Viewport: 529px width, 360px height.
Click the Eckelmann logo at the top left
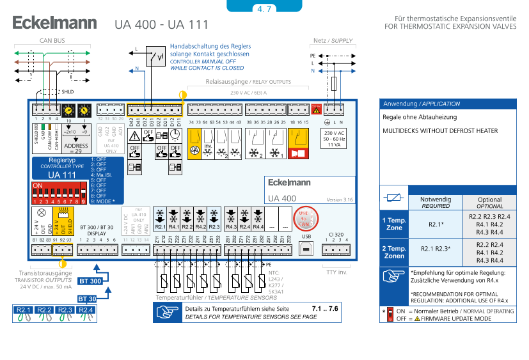(x=55, y=24)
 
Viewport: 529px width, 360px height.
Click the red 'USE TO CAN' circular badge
(x=303, y=219)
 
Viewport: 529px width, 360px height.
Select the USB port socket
(x=306, y=247)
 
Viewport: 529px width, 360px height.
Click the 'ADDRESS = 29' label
(x=76, y=148)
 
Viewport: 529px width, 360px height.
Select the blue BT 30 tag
(x=87, y=299)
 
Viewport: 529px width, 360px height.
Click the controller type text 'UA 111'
(x=62, y=174)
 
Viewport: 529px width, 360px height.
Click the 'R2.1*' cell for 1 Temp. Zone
(x=436, y=224)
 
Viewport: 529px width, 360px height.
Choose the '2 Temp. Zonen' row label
(x=394, y=252)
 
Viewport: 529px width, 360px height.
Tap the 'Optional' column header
(x=490, y=203)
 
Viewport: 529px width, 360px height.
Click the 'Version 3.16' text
(x=340, y=200)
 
